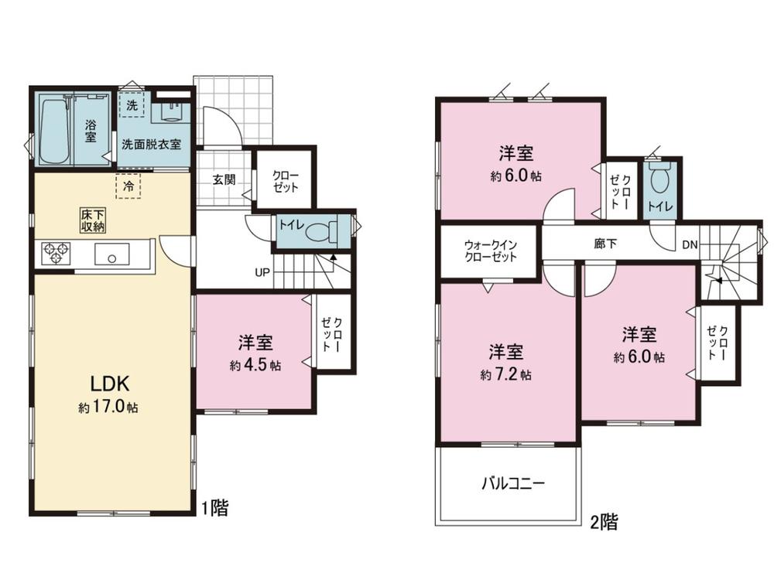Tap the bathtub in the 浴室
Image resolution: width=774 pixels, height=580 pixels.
click(x=54, y=131)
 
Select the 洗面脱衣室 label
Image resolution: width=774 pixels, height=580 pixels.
click(x=151, y=145)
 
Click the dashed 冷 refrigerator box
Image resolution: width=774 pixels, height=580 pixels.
click(x=128, y=186)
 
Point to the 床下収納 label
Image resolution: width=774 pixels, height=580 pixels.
click(x=94, y=220)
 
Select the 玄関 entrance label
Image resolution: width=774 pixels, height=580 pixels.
click(x=224, y=179)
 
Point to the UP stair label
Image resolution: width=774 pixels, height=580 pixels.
click(x=262, y=271)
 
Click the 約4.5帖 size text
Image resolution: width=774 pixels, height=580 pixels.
click(x=255, y=365)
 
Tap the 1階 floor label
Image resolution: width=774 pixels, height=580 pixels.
click(x=215, y=507)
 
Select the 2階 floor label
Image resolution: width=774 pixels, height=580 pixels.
click(x=604, y=521)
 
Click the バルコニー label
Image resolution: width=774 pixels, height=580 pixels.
click(x=513, y=483)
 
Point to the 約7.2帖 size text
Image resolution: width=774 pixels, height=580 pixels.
click(x=506, y=375)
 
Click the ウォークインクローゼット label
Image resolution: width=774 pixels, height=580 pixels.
click(x=490, y=251)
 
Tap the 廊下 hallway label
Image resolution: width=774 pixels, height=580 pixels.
click(x=605, y=244)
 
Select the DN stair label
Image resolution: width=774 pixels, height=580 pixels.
click(x=690, y=244)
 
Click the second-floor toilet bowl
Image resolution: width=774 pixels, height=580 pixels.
click(x=659, y=179)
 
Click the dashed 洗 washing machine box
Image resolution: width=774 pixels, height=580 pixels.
click(x=132, y=104)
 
